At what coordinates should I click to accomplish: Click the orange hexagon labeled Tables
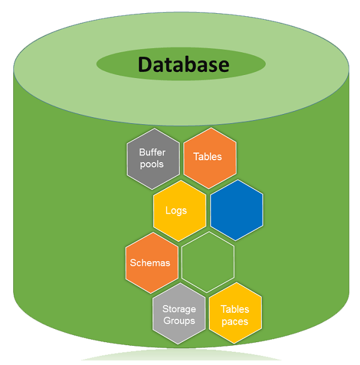(x=209, y=157)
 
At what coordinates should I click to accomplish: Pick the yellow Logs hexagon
(x=179, y=210)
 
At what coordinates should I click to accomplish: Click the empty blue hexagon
(x=236, y=210)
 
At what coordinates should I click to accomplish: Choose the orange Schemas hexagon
(x=151, y=263)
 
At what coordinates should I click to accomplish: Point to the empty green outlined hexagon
(x=208, y=263)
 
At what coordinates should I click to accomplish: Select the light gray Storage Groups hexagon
(x=179, y=315)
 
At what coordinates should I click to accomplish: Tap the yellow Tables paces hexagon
(x=235, y=315)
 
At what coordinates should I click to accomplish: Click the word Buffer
(x=152, y=152)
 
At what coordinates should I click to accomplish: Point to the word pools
(x=152, y=164)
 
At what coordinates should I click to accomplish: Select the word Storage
(x=179, y=309)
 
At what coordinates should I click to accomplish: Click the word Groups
(x=179, y=321)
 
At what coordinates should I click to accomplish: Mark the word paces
(x=235, y=321)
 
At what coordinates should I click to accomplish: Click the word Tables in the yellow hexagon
(x=235, y=309)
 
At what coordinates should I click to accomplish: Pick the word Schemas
(x=151, y=263)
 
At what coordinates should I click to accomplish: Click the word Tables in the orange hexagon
(x=208, y=157)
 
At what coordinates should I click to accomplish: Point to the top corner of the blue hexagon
(x=236, y=180)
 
